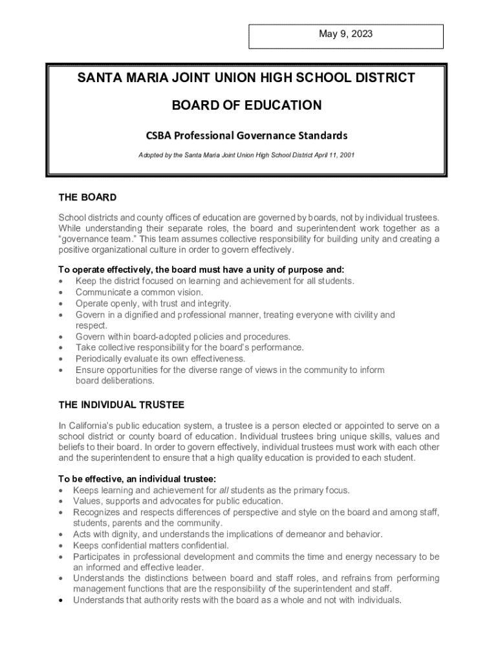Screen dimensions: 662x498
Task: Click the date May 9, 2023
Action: [x=346, y=34]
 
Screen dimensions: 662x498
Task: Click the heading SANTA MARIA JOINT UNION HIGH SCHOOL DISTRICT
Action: [x=246, y=78]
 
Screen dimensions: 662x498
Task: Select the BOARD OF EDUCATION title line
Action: [x=246, y=105]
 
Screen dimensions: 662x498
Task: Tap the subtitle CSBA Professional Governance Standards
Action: [x=246, y=136]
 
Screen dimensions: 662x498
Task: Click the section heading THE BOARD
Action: [x=87, y=197]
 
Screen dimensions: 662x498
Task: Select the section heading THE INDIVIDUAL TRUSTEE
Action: [x=122, y=405]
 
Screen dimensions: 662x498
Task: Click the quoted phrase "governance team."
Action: [x=89, y=239]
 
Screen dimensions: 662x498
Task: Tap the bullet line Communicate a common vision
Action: [x=140, y=292]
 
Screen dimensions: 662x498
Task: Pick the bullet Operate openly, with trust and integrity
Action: [x=153, y=303]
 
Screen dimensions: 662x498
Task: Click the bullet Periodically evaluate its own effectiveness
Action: [x=160, y=359]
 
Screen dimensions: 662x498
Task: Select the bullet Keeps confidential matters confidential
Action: [x=151, y=546]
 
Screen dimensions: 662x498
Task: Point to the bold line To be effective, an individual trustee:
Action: [x=137, y=479]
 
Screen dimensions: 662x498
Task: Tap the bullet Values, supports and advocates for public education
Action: [x=178, y=501]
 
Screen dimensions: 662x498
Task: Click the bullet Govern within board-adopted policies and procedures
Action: [x=183, y=337]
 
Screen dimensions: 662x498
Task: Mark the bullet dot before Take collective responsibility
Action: [x=61, y=348]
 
